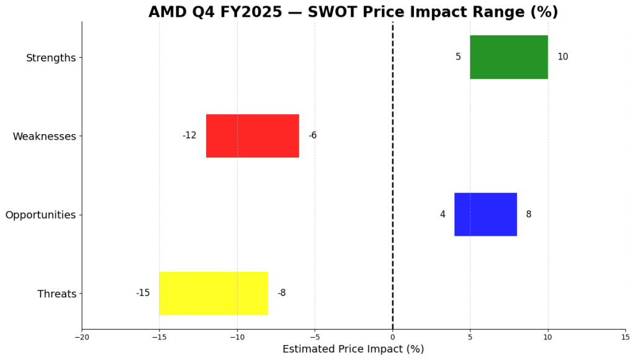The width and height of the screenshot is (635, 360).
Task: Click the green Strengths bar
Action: [x=508, y=57]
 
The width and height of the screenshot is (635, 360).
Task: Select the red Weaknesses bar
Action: [x=252, y=135]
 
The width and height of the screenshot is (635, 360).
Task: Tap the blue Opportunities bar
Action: [x=485, y=214]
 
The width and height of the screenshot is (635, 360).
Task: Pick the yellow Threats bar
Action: [x=213, y=293]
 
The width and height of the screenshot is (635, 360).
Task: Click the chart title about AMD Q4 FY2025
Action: [x=353, y=12]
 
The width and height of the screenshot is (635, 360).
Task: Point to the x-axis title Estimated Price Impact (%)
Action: [x=353, y=349]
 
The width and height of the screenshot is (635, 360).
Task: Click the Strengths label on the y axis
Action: [x=51, y=58]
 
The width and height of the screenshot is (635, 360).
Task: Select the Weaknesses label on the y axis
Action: [x=44, y=137]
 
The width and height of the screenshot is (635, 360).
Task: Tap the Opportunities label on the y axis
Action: [x=40, y=215]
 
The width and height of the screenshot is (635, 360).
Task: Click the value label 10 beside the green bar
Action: [x=562, y=57]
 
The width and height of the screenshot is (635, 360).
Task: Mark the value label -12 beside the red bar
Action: [x=189, y=135]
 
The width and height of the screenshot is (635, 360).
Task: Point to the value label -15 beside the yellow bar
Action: [x=143, y=293]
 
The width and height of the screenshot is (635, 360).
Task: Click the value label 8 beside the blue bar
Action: [x=528, y=214]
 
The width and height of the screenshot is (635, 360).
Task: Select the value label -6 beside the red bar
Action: [x=312, y=135]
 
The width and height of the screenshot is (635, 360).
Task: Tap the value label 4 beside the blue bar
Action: [x=443, y=214]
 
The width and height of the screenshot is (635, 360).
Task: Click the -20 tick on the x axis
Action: [x=81, y=337]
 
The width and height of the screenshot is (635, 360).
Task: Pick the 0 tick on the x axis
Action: [x=392, y=337]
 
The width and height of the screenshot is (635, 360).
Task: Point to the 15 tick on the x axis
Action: [x=624, y=337]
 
